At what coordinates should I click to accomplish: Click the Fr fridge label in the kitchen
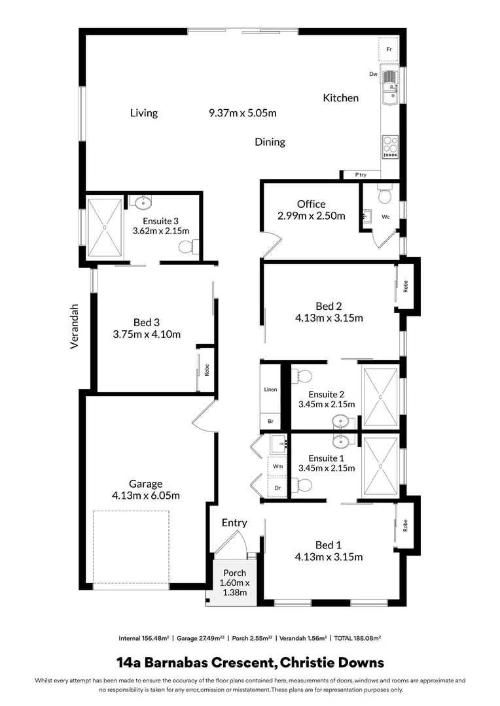(x=389, y=50)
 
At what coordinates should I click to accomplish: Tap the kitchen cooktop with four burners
(x=390, y=146)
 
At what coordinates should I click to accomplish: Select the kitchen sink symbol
(x=389, y=88)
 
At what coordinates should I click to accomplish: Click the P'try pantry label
(x=361, y=175)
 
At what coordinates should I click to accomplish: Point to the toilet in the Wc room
(x=385, y=194)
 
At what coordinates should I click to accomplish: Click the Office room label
(x=311, y=204)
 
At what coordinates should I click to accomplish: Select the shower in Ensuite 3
(x=105, y=226)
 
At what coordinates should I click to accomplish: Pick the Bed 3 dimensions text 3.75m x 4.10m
(x=147, y=335)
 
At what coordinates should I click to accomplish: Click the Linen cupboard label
(x=270, y=390)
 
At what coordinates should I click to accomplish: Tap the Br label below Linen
(x=270, y=422)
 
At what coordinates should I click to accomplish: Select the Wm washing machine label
(x=277, y=467)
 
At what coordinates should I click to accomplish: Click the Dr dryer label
(x=277, y=488)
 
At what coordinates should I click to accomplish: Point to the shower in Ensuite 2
(x=380, y=396)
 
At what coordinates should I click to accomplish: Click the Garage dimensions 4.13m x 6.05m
(x=145, y=496)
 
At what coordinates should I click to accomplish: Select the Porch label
(x=234, y=573)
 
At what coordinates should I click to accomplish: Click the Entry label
(x=234, y=522)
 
